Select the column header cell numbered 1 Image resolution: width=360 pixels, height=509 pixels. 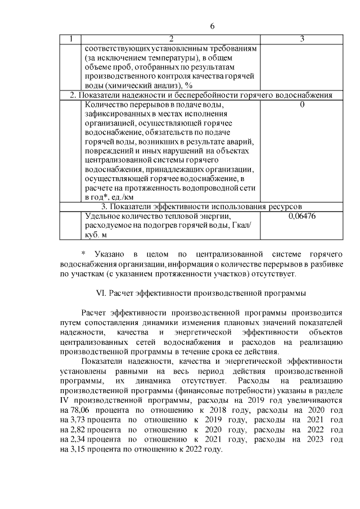71,39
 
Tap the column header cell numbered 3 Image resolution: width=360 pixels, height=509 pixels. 302,39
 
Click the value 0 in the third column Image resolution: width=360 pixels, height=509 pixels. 302,105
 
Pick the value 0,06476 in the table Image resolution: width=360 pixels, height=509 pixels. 302,215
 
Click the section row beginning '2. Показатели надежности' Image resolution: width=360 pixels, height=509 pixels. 201,95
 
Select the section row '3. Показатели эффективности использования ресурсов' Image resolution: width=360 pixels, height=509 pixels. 201,206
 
